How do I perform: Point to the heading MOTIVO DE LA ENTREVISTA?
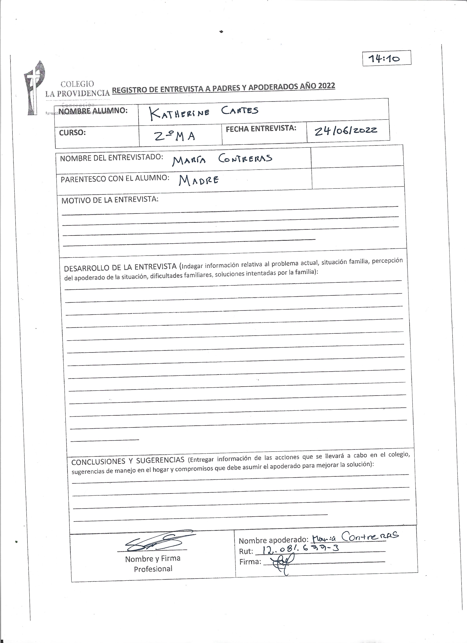pos(110,200)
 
